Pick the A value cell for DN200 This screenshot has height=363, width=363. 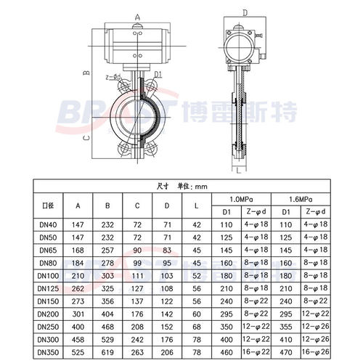[78, 314]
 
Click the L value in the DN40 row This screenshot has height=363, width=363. [196, 226]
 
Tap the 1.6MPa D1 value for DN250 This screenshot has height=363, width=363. [286, 327]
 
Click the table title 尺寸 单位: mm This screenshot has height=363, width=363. [181, 187]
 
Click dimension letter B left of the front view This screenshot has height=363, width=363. [84, 73]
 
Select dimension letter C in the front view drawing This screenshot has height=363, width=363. [86, 136]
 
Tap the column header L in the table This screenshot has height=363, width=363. [196, 205]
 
